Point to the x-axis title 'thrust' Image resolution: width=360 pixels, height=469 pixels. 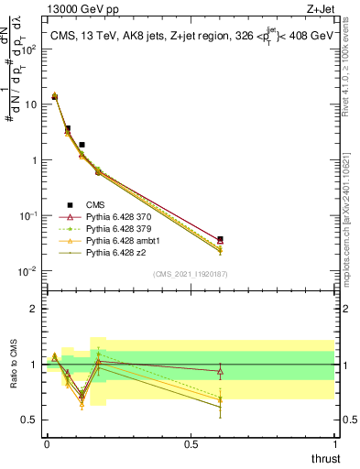pyautogui.click(x=324, y=459)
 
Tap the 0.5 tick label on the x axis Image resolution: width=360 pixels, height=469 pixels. pyautogui.click(x=191, y=444)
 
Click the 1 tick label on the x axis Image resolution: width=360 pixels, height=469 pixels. pyautogui.click(x=336, y=444)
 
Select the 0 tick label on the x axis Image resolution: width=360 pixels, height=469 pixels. pyautogui.click(x=47, y=444)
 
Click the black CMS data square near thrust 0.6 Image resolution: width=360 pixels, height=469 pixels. pyautogui.click(x=220, y=239)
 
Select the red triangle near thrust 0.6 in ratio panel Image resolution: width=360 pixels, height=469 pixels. pyautogui.click(x=220, y=371)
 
